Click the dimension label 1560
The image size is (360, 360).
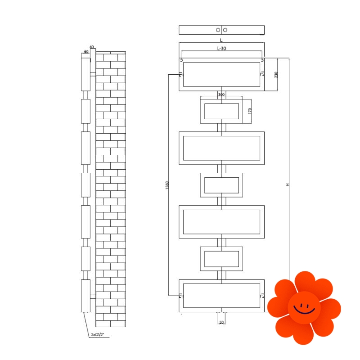click(167, 185)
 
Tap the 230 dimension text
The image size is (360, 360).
click(276, 75)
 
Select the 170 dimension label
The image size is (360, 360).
click(250, 111)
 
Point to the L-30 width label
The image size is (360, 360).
click(221, 49)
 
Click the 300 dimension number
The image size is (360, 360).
click(221, 94)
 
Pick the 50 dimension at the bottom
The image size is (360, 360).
click(221, 322)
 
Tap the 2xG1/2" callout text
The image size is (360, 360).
click(98, 334)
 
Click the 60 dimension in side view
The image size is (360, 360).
click(86, 51)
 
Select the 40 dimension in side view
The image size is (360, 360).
click(92, 47)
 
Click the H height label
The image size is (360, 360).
click(288, 184)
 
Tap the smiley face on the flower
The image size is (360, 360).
click(304, 308)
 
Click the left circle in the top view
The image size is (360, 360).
click(218, 30)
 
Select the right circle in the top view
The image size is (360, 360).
click(225, 30)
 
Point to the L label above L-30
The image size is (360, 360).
click(221, 40)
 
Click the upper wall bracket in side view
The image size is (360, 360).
click(93, 74)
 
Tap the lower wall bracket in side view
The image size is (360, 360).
click(93, 297)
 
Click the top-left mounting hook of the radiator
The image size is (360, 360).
click(181, 60)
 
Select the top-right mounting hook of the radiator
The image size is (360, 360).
click(262, 60)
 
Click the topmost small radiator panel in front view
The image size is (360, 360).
click(221, 110)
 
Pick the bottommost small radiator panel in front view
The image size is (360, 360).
click(221, 259)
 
